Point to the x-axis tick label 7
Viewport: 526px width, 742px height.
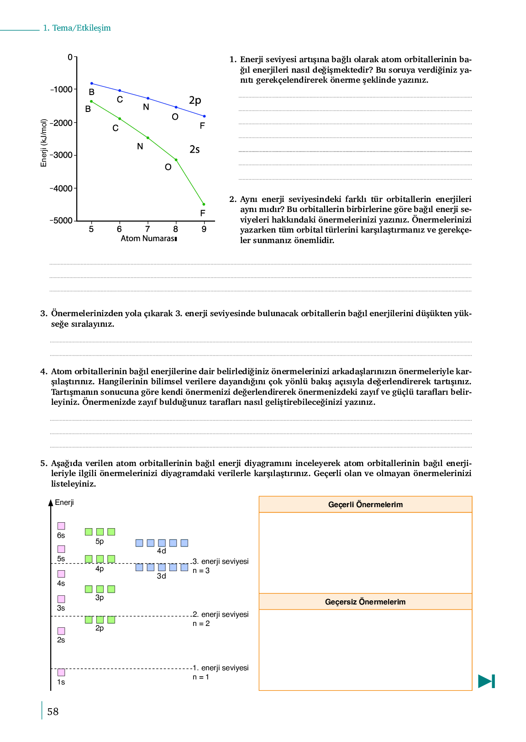(x=147, y=229)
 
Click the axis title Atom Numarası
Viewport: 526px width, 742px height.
(x=149, y=238)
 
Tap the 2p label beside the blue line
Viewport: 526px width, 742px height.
(x=195, y=100)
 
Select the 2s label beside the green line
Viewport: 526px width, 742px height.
(x=195, y=149)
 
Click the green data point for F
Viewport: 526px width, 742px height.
(x=204, y=204)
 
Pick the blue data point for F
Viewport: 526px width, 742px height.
(x=204, y=116)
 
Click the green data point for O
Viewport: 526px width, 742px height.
(x=176, y=160)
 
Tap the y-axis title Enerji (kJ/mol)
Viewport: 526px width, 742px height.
(x=44, y=143)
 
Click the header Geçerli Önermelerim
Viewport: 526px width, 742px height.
(x=365, y=504)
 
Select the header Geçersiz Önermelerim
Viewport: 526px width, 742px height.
(x=365, y=602)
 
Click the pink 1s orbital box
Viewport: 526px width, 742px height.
(x=61, y=672)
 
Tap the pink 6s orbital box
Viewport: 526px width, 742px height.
(x=61, y=526)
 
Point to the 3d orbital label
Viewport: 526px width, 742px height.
(x=162, y=576)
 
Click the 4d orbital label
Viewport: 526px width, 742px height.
(x=162, y=551)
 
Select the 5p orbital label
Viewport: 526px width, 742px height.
(x=100, y=541)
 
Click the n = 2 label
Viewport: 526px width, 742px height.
(x=201, y=624)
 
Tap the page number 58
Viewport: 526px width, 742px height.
(x=53, y=711)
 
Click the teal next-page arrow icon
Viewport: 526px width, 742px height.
(x=486, y=681)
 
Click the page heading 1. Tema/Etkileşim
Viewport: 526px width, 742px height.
(x=77, y=28)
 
